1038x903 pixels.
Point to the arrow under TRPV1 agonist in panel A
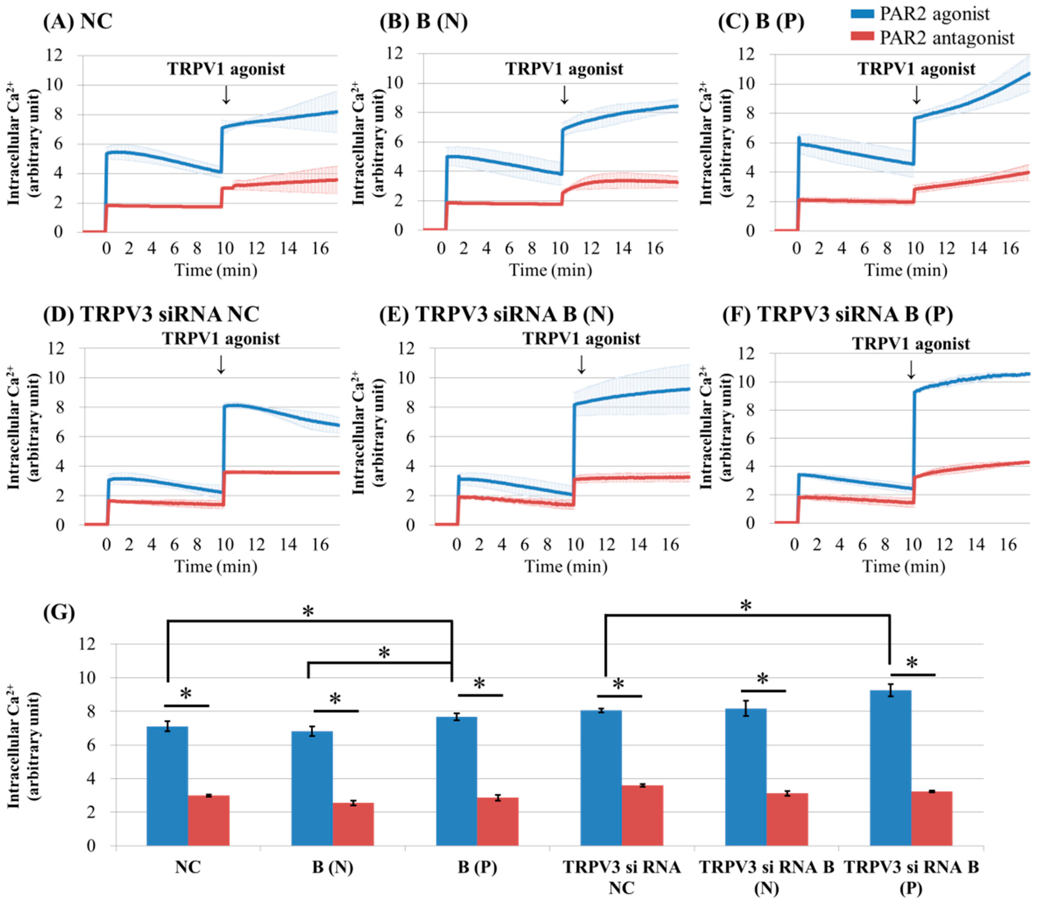tap(226, 95)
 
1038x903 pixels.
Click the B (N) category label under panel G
tap(333, 867)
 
